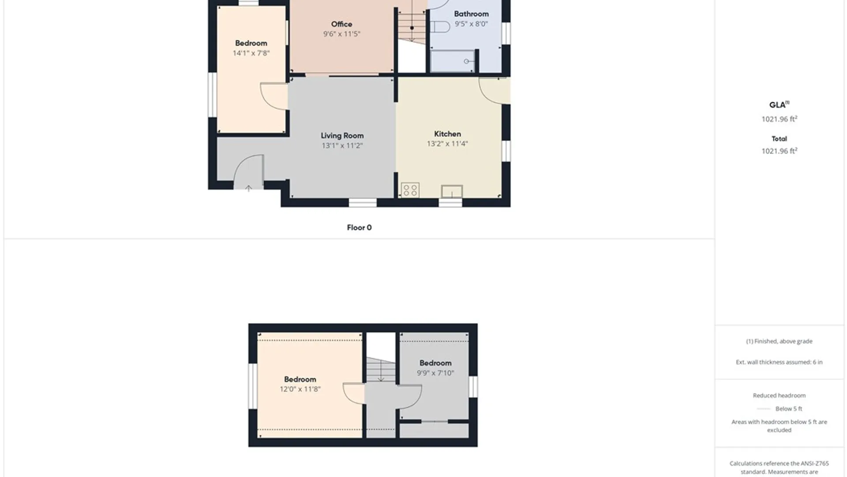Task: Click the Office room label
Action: point(341,24)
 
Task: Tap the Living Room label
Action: point(342,136)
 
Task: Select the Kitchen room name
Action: point(447,134)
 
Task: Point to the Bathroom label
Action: point(471,14)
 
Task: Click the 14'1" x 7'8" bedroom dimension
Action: point(251,53)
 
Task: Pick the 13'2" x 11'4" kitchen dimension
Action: point(447,144)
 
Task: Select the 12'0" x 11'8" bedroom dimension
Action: point(300,389)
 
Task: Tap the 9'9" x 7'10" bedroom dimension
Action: point(435,373)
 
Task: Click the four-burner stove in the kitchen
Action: point(410,190)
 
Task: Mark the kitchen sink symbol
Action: point(452,191)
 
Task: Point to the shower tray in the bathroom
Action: point(453,61)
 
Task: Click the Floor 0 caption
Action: point(359,228)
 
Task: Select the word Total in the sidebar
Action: point(779,139)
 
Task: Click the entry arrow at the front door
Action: point(248,188)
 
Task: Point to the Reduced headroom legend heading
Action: point(779,396)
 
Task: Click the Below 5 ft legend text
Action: point(789,409)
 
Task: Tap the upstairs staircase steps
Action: point(381,369)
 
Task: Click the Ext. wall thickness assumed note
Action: point(779,362)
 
